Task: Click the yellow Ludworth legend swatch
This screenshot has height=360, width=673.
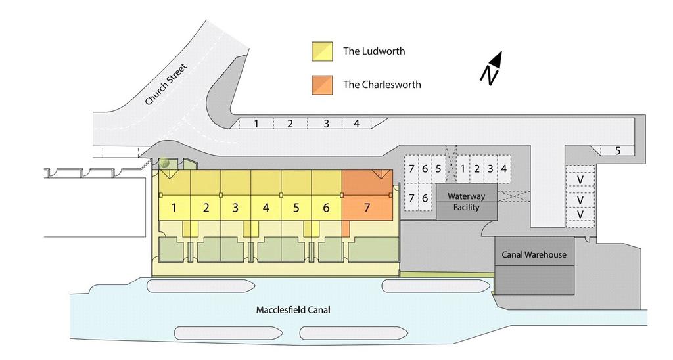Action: pyautogui.click(x=322, y=51)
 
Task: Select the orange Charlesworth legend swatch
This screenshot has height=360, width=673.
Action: pyautogui.click(x=322, y=85)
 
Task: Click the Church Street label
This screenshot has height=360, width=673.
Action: pyautogui.click(x=166, y=85)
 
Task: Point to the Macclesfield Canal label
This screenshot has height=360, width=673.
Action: pyautogui.click(x=293, y=310)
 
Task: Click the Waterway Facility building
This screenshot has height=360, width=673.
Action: pyautogui.click(x=467, y=202)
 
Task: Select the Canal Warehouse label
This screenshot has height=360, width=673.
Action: pyautogui.click(x=534, y=254)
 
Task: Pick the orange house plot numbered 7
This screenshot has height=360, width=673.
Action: pyautogui.click(x=367, y=195)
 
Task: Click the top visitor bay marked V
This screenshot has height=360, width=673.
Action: pyautogui.click(x=580, y=179)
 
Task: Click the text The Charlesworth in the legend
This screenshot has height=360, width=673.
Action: pyautogui.click(x=382, y=85)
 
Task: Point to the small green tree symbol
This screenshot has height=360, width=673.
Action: pyautogui.click(x=164, y=162)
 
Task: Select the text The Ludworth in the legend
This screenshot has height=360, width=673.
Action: pyautogui.click(x=374, y=51)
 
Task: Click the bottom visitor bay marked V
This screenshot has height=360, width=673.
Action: pyautogui.click(x=580, y=214)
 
